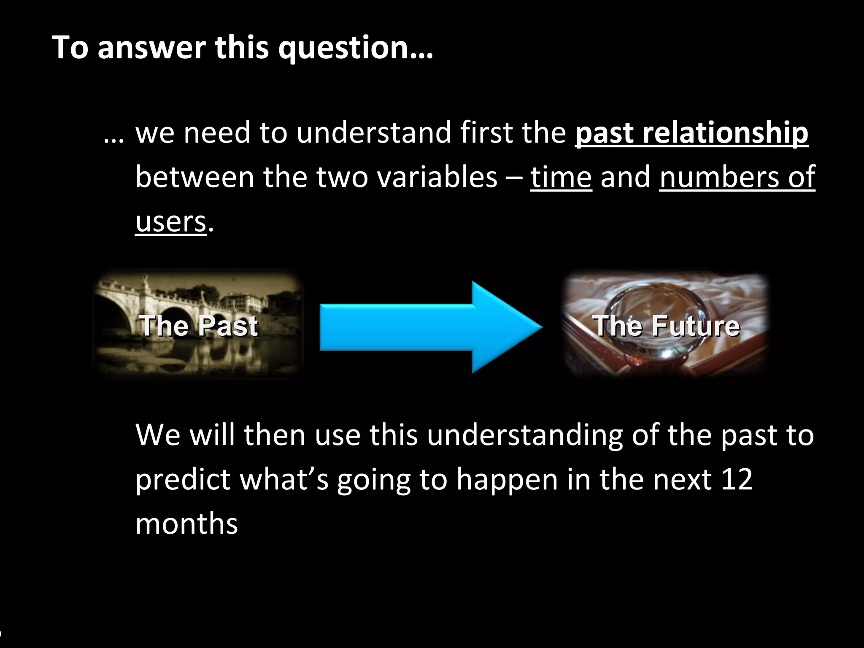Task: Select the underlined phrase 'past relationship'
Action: pyautogui.click(x=691, y=133)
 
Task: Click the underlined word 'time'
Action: pyautogui.click(x=561, y=177)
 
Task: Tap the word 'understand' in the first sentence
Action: pyautogui.click(x=373, y=133)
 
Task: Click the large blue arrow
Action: pyautogui.click(x=430, y=327)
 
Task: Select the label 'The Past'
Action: pyautogui.click(x=198, y=326)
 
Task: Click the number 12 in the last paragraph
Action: pyautogui.click(x=737, y=480)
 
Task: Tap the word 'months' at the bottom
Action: pyautogui.click(x=186, y=524)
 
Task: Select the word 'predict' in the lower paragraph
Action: pyautogui.click(x=183, y=480)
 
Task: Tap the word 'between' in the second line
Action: pyautogui.click(x=194, y=177)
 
